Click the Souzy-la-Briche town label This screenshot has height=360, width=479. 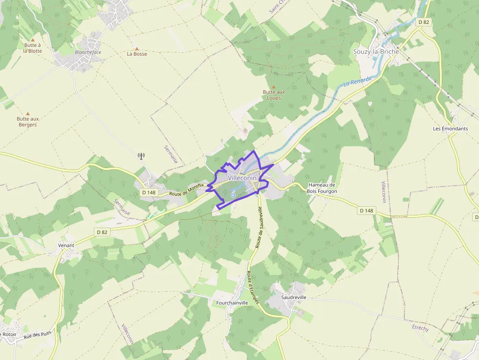click(x=376, y=51)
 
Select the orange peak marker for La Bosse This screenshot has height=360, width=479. click(x=137, y=49)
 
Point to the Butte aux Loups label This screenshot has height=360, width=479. click(x=274, y=95)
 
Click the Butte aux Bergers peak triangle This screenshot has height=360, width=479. click(x=27, y=113)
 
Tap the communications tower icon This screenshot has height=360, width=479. click(x=141, y=156)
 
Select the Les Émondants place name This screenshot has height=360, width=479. click(x=450, y=128)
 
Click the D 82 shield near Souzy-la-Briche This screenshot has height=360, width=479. click(x=423, y=22)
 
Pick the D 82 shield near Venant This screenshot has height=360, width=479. click(x=102, y=232)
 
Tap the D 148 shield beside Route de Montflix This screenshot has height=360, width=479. click(x=149, y=192)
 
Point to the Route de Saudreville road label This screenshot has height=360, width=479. click(x=259, y=228)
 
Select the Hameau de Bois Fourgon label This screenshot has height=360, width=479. click(x=322, y=188)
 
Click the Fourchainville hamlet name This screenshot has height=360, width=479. click(x=232, y=303)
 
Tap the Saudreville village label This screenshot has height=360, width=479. click(x=294, y=297)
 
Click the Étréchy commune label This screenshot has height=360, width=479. click(x=420, y=328)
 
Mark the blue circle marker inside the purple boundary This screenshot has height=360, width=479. click(x=233, y=195)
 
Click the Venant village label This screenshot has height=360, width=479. click(x=66, y=245)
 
